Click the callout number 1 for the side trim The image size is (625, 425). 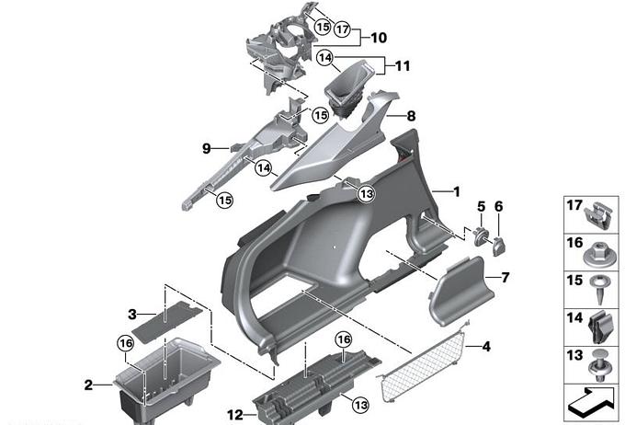pyautogui.click(x=455, y=191)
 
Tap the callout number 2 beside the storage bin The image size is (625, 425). pyautogui.click(x=88, y=385)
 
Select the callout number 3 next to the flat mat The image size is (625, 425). pyautogui.click(x=131, y=314)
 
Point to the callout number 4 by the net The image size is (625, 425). pyautogui.click(x=486, y=347)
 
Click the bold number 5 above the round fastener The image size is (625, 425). pyautogui.click(x=480, y=205)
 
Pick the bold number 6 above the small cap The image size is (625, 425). pyautogui.click(x=498, y=205)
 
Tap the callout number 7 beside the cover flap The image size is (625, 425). pyautogui.click(x=504, y=277)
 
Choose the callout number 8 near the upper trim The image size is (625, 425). pyautogui.click(x=411, y=117)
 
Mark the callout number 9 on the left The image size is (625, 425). pyautogui.click(x=207, y=148)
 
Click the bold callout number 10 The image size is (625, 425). pyautogui.click(x=379, y=38)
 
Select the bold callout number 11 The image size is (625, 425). pyautogui.click(x=402, y=66)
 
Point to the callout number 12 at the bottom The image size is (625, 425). pyautogui.click(x=235, y=415)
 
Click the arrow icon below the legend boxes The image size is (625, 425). pyautogui.click(x=590, y=401)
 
